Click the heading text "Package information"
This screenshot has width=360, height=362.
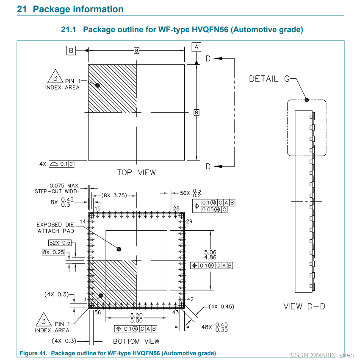coord(78,9)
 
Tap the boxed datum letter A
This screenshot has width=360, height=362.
coord(196,47)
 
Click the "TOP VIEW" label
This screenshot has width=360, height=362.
coord(136,173)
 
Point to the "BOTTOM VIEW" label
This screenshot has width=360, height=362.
coord(136,341)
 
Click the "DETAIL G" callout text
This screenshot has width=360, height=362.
coord(263,79)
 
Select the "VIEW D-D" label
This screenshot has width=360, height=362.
coord(304,307)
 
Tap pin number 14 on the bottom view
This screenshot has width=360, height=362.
coord(83,221)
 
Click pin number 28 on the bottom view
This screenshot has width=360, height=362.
coord(177,208)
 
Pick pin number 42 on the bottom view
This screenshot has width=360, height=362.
coord(190,299)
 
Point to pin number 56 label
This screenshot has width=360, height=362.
coord(97,312)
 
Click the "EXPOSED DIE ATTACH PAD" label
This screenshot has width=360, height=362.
coord(55,228)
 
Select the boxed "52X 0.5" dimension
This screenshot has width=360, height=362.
coord(60,243)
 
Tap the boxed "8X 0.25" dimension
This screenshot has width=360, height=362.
coord(53,252)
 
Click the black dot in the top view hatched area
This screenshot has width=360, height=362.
coord(97,85)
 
